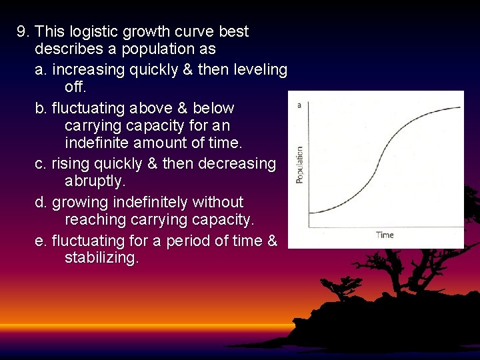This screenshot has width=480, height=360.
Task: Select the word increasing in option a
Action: tap(86, 69)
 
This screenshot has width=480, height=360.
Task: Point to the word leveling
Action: tap(259, 69)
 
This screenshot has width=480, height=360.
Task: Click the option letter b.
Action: tap(40, 107)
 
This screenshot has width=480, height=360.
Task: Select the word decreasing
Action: tap(236, 163)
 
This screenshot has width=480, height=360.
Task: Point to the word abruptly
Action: tap(95, 181)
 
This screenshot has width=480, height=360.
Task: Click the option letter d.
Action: tap(40, 202)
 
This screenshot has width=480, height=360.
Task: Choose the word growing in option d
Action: tap(79, 202)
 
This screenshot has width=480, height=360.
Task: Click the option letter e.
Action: tap(40, 240)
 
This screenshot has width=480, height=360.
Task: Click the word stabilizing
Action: tap(101, 258)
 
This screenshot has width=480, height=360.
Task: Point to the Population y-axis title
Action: tap(299, 165)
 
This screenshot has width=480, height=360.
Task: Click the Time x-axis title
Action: tap(385, 235)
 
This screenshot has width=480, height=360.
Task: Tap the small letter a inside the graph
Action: tap(299, 105)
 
